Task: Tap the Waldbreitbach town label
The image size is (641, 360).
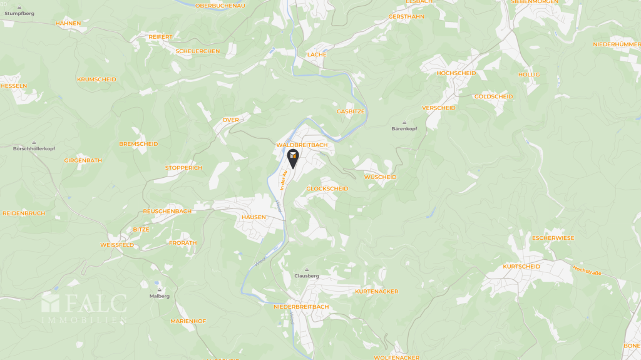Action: [302, 145]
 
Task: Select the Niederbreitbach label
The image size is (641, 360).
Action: [300, 307]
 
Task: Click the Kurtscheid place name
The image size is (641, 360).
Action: [521, 266]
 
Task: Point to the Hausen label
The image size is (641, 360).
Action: [254, 217]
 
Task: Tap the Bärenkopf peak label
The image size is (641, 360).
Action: [404, 128]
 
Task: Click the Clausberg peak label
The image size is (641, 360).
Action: [307, 275]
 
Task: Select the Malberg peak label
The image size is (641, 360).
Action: [160, 296]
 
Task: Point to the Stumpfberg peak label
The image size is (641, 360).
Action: [19, 13]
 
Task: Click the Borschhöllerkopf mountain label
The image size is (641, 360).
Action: [34, 148]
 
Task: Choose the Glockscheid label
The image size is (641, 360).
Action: [327, 188]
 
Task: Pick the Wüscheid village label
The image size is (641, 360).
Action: [380, 177]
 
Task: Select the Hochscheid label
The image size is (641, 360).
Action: [456, 73]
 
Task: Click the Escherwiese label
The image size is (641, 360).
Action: [552, 238]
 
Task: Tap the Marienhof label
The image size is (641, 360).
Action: [188, 321]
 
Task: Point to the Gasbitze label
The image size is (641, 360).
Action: [351, 111]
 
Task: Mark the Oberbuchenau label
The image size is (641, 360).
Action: [220, 5]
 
